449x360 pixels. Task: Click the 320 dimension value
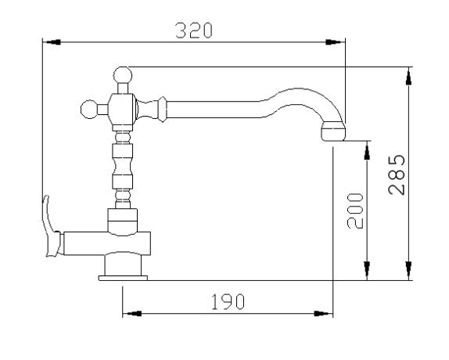click(x=194, y=31)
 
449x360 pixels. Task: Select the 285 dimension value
click(x=397, y=175)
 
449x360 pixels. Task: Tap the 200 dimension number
click(x=355, y=211)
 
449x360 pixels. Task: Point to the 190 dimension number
click(x=228, y=302)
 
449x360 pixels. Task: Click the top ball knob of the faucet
click(x=123, y=75)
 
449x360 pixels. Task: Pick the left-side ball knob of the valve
click(x=89, y=109)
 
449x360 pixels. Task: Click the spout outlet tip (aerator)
click(x=333, y=131)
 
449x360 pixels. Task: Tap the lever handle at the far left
click(x=51, y=226)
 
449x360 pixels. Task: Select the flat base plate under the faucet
click(x=123, y=278)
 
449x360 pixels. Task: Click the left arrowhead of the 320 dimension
click(x=53, y=42)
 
